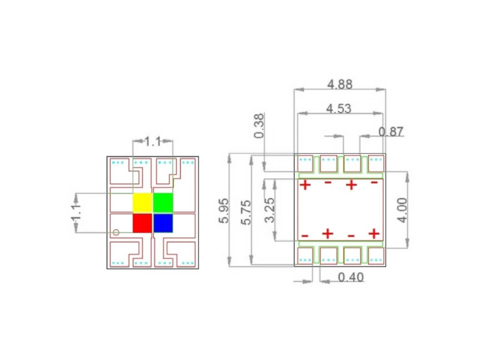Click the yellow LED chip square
(142, 202)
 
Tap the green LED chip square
(163, 202)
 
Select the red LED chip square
(142, 223)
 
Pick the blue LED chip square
(163, 223)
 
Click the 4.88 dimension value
(340, 84)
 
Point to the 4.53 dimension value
(339, 108)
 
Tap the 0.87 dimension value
(391, 132)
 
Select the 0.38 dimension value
(259, 125)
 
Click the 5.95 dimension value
(224, 211)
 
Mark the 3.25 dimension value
(270, 210)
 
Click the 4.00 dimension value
(402, 210)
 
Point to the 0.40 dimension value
(351, 277)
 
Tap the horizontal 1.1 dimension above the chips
(153, 141)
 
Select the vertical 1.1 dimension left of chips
(76, 213)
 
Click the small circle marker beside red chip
(116, 232)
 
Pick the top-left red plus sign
(305, 185)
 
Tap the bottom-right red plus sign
(374, 233)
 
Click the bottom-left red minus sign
(304, 236)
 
